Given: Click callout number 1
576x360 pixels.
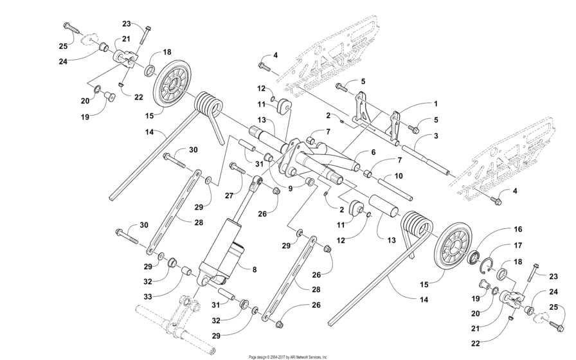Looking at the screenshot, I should click(x=435, y=103).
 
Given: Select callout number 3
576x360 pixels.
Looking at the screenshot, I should click(x=435, y=136).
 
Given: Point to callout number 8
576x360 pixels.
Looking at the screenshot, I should click(x=255, y=271).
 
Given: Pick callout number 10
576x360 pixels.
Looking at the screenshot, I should click(x=398, y=175).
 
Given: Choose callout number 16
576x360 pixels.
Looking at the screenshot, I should click(x=500, y=229).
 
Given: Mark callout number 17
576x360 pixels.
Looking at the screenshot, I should click(x=500, y=246).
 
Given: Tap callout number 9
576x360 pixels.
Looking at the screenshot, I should click(x=291, y=189).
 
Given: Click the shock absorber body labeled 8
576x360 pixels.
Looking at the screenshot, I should click(x=221, y=248).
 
